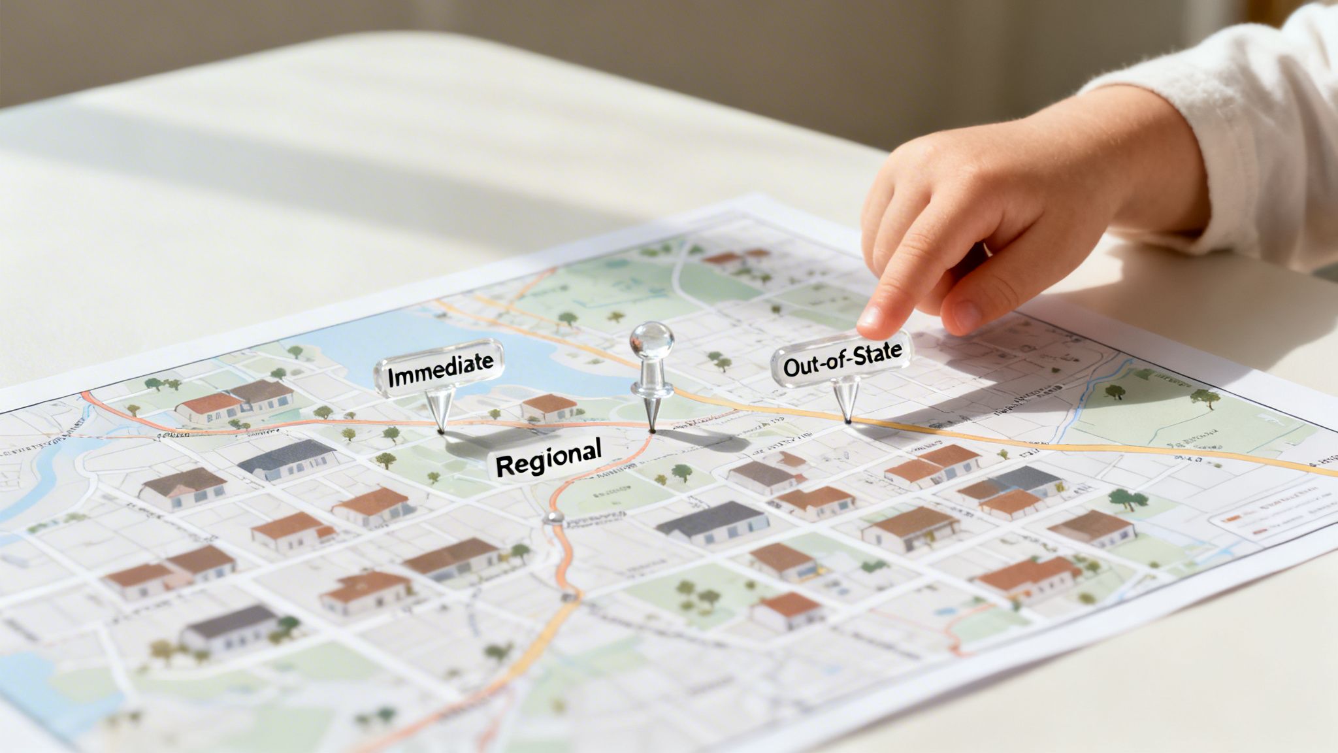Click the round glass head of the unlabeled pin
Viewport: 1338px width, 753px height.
coord(651,341)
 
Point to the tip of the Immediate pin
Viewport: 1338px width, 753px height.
coord(442,431)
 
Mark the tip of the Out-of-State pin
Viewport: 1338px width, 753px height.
coord(847,422)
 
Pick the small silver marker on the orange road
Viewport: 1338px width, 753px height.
coord(554,518)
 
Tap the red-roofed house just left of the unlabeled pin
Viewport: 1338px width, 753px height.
coord(549,407)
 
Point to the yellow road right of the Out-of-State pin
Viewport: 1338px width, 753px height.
coord(1045,444)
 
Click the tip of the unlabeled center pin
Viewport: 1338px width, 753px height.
coord(651,431)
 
